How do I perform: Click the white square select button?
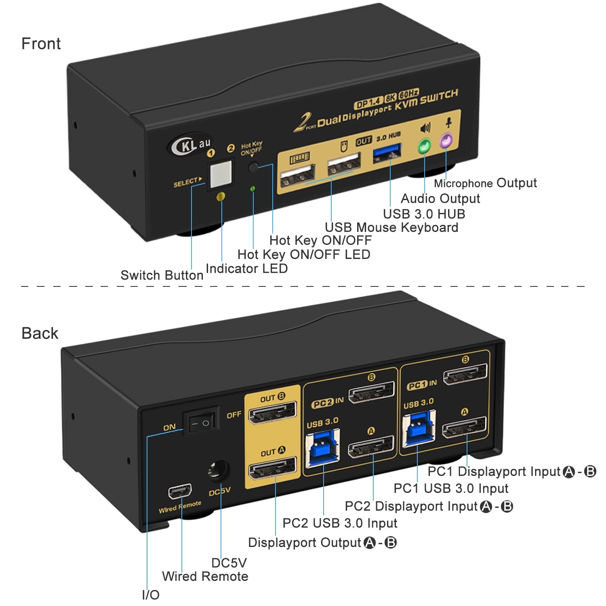coord(221,174)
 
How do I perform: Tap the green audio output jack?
coord(424,146)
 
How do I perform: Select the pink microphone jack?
coord(446,141)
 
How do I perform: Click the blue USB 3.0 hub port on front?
coord(387,154)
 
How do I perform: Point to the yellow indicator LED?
coord(221,197)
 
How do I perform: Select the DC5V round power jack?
coord(219,471)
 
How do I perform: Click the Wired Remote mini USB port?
coord(180,491)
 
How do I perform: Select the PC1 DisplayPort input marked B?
coord(465,375)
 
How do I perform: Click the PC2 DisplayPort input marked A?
coord(371,447)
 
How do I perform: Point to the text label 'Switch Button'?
coord(162,276)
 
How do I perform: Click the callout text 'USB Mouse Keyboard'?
coord(391,227)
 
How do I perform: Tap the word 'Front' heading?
coord(41,44)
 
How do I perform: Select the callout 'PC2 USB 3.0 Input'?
coord(340,523)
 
